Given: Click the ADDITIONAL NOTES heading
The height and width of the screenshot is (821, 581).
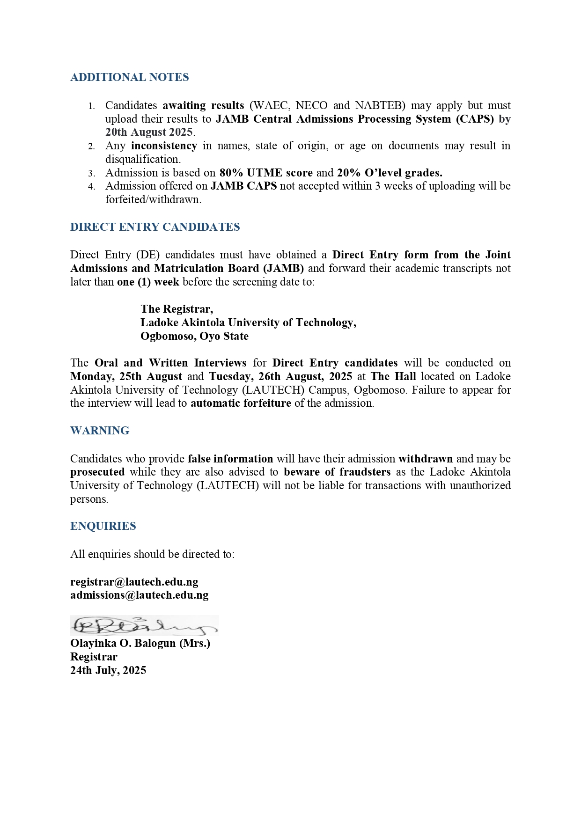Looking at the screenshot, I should click(130, 77).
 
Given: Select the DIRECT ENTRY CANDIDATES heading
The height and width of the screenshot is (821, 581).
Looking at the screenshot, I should click(155, 227).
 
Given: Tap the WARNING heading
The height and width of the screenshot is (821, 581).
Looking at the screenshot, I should click(100, 431).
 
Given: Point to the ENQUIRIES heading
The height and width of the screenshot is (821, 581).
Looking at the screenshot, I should click(103, 526).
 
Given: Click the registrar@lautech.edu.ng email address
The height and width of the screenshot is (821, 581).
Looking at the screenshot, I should click(134, 582).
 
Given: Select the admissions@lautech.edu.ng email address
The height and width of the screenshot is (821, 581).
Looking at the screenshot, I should click(140, 595).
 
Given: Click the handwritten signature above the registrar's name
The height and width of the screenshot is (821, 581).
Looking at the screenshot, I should click(144, 625).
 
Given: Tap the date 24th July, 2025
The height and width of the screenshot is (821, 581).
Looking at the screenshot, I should click(108, 670).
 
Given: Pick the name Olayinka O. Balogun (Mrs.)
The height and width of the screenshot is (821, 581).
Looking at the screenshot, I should click(140, 643).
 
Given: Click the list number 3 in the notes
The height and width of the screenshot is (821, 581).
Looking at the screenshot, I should click(92, 173).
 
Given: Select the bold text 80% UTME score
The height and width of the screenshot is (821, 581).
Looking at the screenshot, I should click(266, 173).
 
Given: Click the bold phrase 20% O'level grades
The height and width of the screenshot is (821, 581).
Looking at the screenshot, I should click(390, 173).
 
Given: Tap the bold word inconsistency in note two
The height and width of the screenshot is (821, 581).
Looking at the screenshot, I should click(164, 146).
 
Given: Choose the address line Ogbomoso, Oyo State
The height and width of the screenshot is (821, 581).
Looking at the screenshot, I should click(195, 336).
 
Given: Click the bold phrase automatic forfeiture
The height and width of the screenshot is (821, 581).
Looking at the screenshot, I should click(241, 403).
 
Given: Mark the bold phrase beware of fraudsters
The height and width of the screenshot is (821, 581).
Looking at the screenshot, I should click(337, 472).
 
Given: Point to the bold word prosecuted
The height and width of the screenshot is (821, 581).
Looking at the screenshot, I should click(97, 472).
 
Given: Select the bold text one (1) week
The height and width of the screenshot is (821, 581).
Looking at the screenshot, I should click(148, 282).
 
